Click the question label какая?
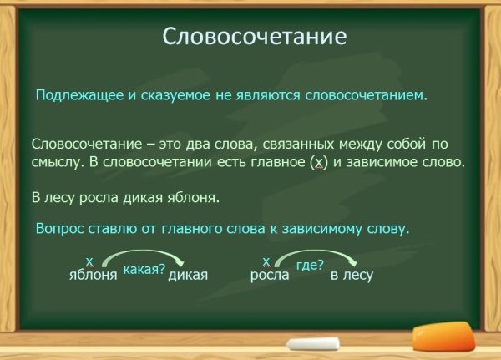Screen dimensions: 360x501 144,269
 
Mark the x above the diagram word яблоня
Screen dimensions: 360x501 89,261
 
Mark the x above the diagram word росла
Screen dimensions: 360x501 266,261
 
